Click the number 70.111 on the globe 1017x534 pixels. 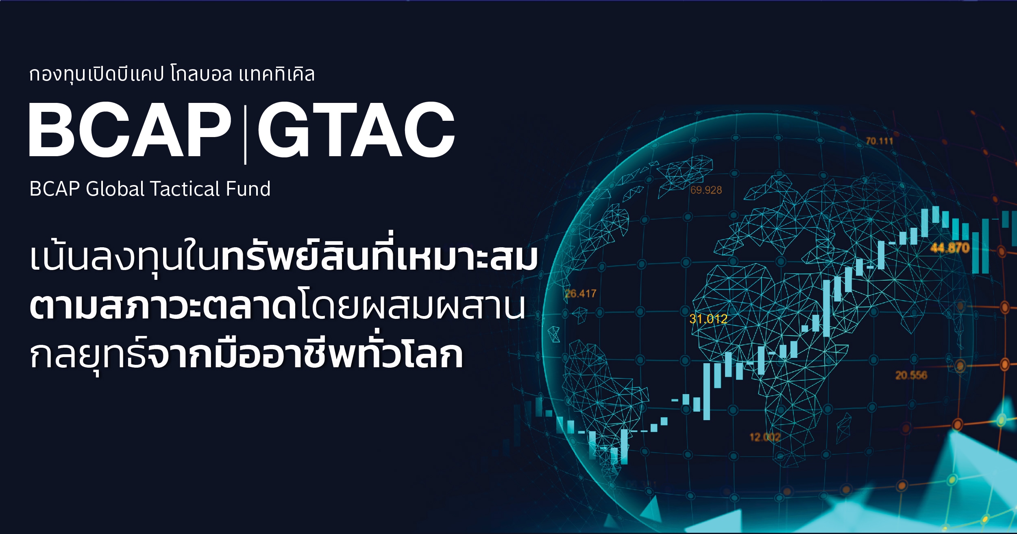[x=879, y=141]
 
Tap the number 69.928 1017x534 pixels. [x=706, y=190]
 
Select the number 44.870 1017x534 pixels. [x=950, y=247]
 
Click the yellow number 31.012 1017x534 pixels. [x=708, y=319]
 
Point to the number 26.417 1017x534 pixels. [x=581, y=293]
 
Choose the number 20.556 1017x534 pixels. [x=911, y=375]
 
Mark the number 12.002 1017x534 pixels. [x=765, y=437]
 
